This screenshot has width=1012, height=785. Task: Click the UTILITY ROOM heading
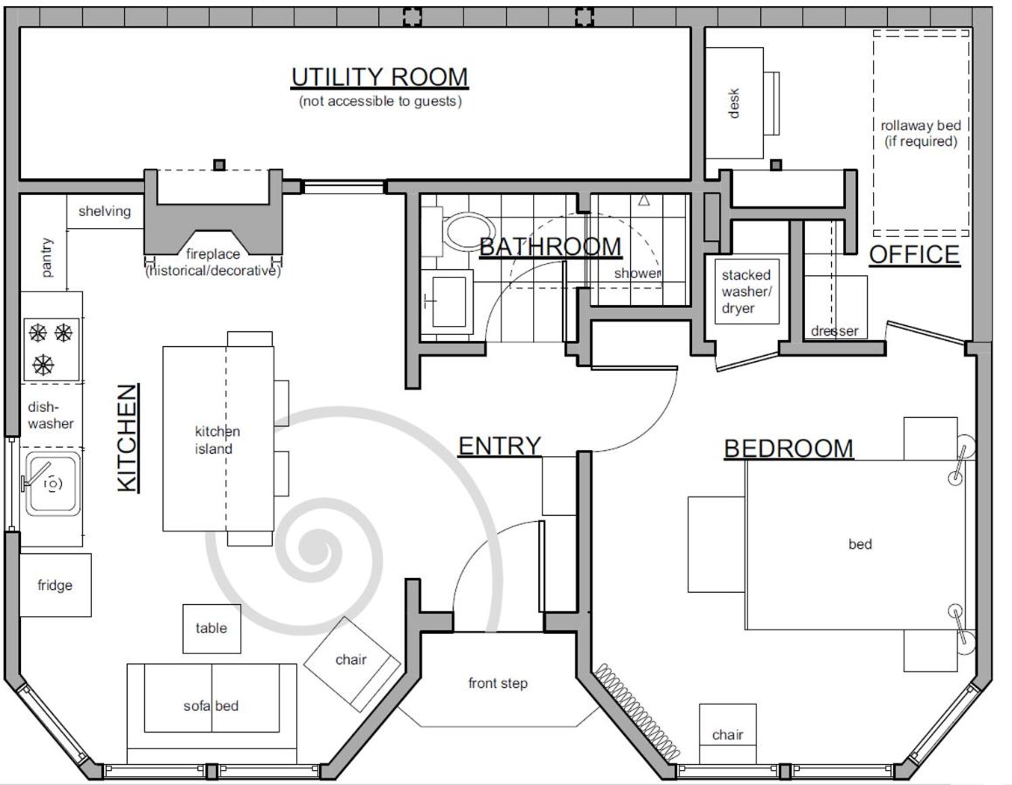point(379,78)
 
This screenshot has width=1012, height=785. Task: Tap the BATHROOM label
point(550,247)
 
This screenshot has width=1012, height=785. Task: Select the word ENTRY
point(499,446)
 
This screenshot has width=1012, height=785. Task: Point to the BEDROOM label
point(788,448)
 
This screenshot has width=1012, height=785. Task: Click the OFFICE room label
point(914,255)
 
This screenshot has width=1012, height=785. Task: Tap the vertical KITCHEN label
point(128,438)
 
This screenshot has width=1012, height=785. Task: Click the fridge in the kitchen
point(55,585)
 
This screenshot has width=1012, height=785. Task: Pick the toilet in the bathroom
point(465,233)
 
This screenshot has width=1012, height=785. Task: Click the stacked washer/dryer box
point(746,291)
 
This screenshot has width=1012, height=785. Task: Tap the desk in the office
point(734,103)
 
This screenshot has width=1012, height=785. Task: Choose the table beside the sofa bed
point(211,629)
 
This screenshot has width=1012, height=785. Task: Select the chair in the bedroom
point(727,733)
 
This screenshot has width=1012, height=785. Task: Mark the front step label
point(497,683)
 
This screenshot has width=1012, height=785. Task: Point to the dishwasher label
point(51,415)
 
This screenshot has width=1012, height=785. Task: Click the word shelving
point(105,211)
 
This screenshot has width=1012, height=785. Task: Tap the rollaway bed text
point(920,133)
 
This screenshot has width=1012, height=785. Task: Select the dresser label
point(835,331)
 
